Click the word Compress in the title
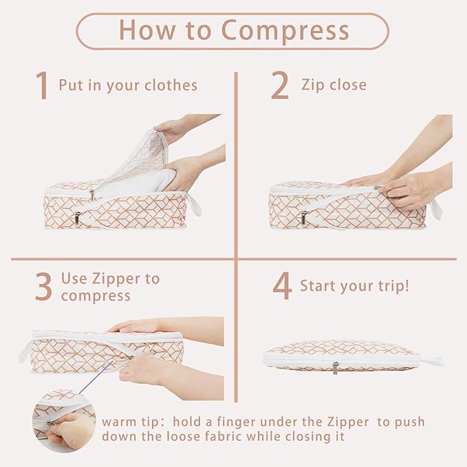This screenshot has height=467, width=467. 285,31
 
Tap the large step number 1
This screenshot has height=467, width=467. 42,85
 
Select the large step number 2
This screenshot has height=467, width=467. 280,85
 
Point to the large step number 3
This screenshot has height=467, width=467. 43,286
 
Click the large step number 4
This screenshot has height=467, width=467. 282,285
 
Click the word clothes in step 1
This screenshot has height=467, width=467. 171,85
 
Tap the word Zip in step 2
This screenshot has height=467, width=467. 313,85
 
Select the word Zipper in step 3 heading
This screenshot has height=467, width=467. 116,279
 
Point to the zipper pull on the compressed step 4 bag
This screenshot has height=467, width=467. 336,368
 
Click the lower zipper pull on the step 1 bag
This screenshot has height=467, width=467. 78,218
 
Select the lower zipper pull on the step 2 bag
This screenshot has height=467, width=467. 304,217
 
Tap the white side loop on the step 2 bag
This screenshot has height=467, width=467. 435,209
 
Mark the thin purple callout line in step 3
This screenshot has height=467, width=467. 96,376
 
